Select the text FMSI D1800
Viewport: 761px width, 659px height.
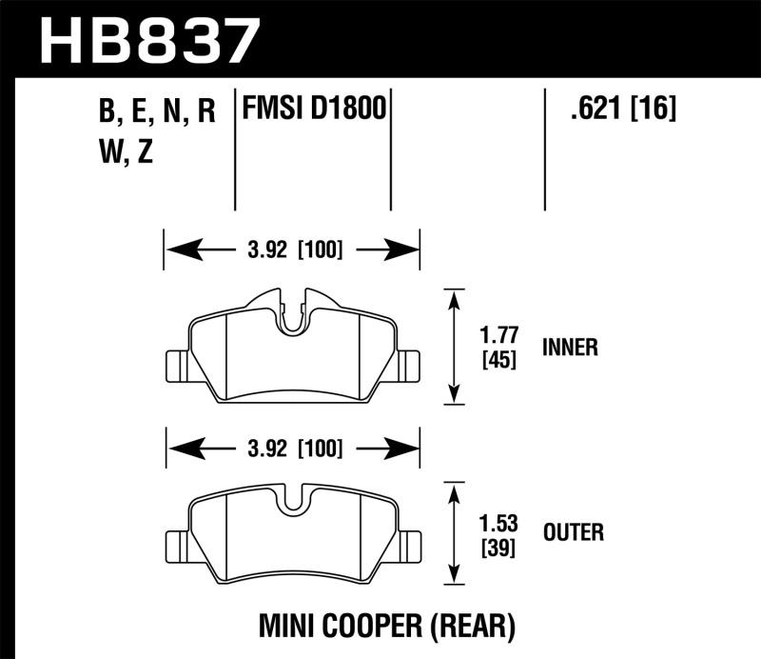pyautogui.click(x=315, y=110)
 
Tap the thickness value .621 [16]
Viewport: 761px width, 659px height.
pyautogui.click(x=623, y=110)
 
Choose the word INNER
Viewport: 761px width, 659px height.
pyautogui.click(x=570, y=348)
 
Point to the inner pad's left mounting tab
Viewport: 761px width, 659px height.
pyautogui.click(x=177, y=364)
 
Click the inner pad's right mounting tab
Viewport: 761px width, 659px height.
pyautogui.click(x=408, y=364)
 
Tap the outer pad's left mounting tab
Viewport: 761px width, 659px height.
pyautogui.click(x=177, y=545)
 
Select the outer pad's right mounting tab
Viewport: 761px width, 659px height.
pyautogui.click(x=408, y=545)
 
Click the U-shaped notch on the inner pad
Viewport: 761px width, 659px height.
pyautogui.click(x=293, y=318)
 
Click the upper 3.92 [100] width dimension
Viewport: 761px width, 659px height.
pyautogui.click(x=292, y=251)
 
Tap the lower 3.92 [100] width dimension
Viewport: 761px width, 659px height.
pyautogui.click(x=292, y=447)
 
